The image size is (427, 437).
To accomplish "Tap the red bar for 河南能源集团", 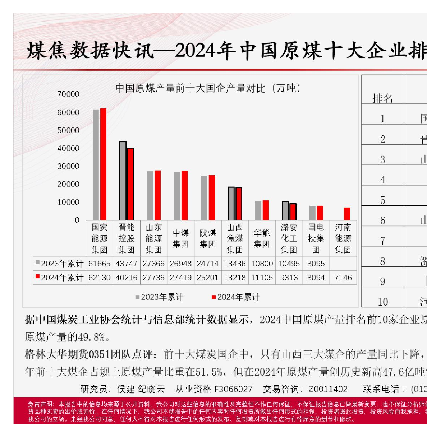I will pyautogui.click(x=347, y=214).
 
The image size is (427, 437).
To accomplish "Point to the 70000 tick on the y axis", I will pyautogui.click(x=68, y=94).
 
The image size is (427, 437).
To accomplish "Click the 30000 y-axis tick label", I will pyautogui.click(x=68, y=166).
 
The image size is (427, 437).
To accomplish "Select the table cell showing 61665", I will pyautogui.click(x=100, y=264).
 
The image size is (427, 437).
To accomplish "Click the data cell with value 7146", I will pyautogui.click(x=343, y=278).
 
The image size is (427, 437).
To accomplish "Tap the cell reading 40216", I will pyautogui.click(x=127, y=278).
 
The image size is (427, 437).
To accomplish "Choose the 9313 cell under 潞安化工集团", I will pyautogui.click(x=289, y=278).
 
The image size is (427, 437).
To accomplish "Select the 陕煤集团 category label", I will pyautogui.click(x=208, y=238).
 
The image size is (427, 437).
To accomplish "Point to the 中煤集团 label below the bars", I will pyautogui.click(x=180, y=238).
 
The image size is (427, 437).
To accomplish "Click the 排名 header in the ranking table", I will pyautogui.click(x=382, y=98).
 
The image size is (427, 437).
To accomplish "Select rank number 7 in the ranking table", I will pyautogui.click(x=382, y=241).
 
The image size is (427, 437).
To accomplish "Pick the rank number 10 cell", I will pyautogui.click(x=382, y=302).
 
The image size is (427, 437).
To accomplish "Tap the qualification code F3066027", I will pyautogui.click(x=234, y=389).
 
